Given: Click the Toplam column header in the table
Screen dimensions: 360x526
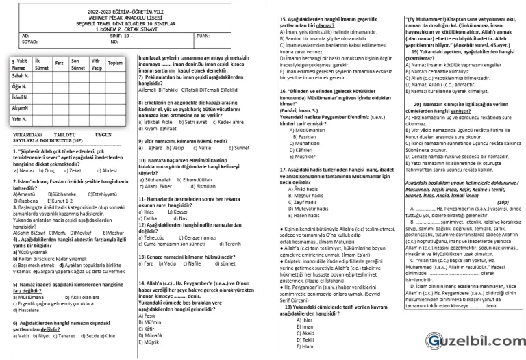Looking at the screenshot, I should tap(115, 63).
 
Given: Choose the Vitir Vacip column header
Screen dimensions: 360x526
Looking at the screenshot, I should tap(96, 65).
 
